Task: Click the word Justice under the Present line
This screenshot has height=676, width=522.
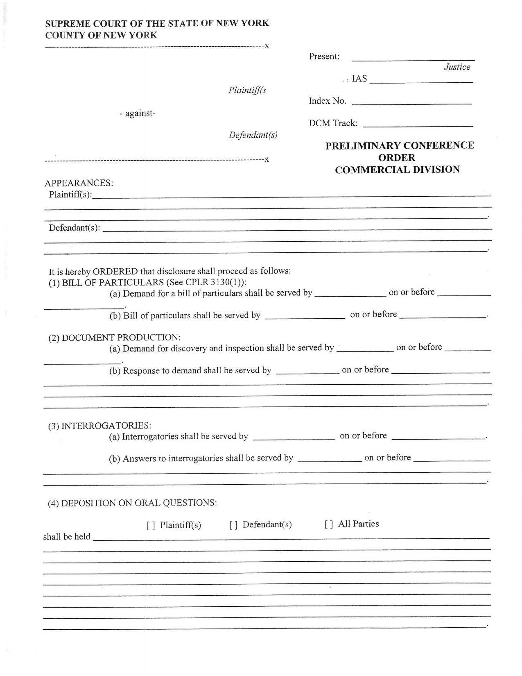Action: pos(457,67)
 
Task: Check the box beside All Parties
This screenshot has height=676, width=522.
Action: pos(329,524)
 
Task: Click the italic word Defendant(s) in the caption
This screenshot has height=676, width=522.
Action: pos(253,135)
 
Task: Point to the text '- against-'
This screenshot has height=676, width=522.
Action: pos(138,113)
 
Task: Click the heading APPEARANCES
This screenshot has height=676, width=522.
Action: pos(79,183)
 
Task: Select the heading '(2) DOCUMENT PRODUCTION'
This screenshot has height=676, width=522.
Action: pos(114,338)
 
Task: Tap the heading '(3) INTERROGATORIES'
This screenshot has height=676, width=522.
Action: pos(100,426)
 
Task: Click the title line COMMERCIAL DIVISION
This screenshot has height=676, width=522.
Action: pos(397,170)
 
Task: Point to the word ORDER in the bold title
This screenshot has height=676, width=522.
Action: pos(396,158)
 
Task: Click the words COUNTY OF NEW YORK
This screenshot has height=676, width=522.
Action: pos(101,35)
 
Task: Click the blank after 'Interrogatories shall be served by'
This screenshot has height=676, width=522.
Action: pos(294,438)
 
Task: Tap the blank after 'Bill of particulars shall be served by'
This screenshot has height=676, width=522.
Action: pos(305,317)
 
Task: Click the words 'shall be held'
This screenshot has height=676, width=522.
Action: pos(67,537)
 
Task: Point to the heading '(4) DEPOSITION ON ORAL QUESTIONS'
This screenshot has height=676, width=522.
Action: pos(132,503)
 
